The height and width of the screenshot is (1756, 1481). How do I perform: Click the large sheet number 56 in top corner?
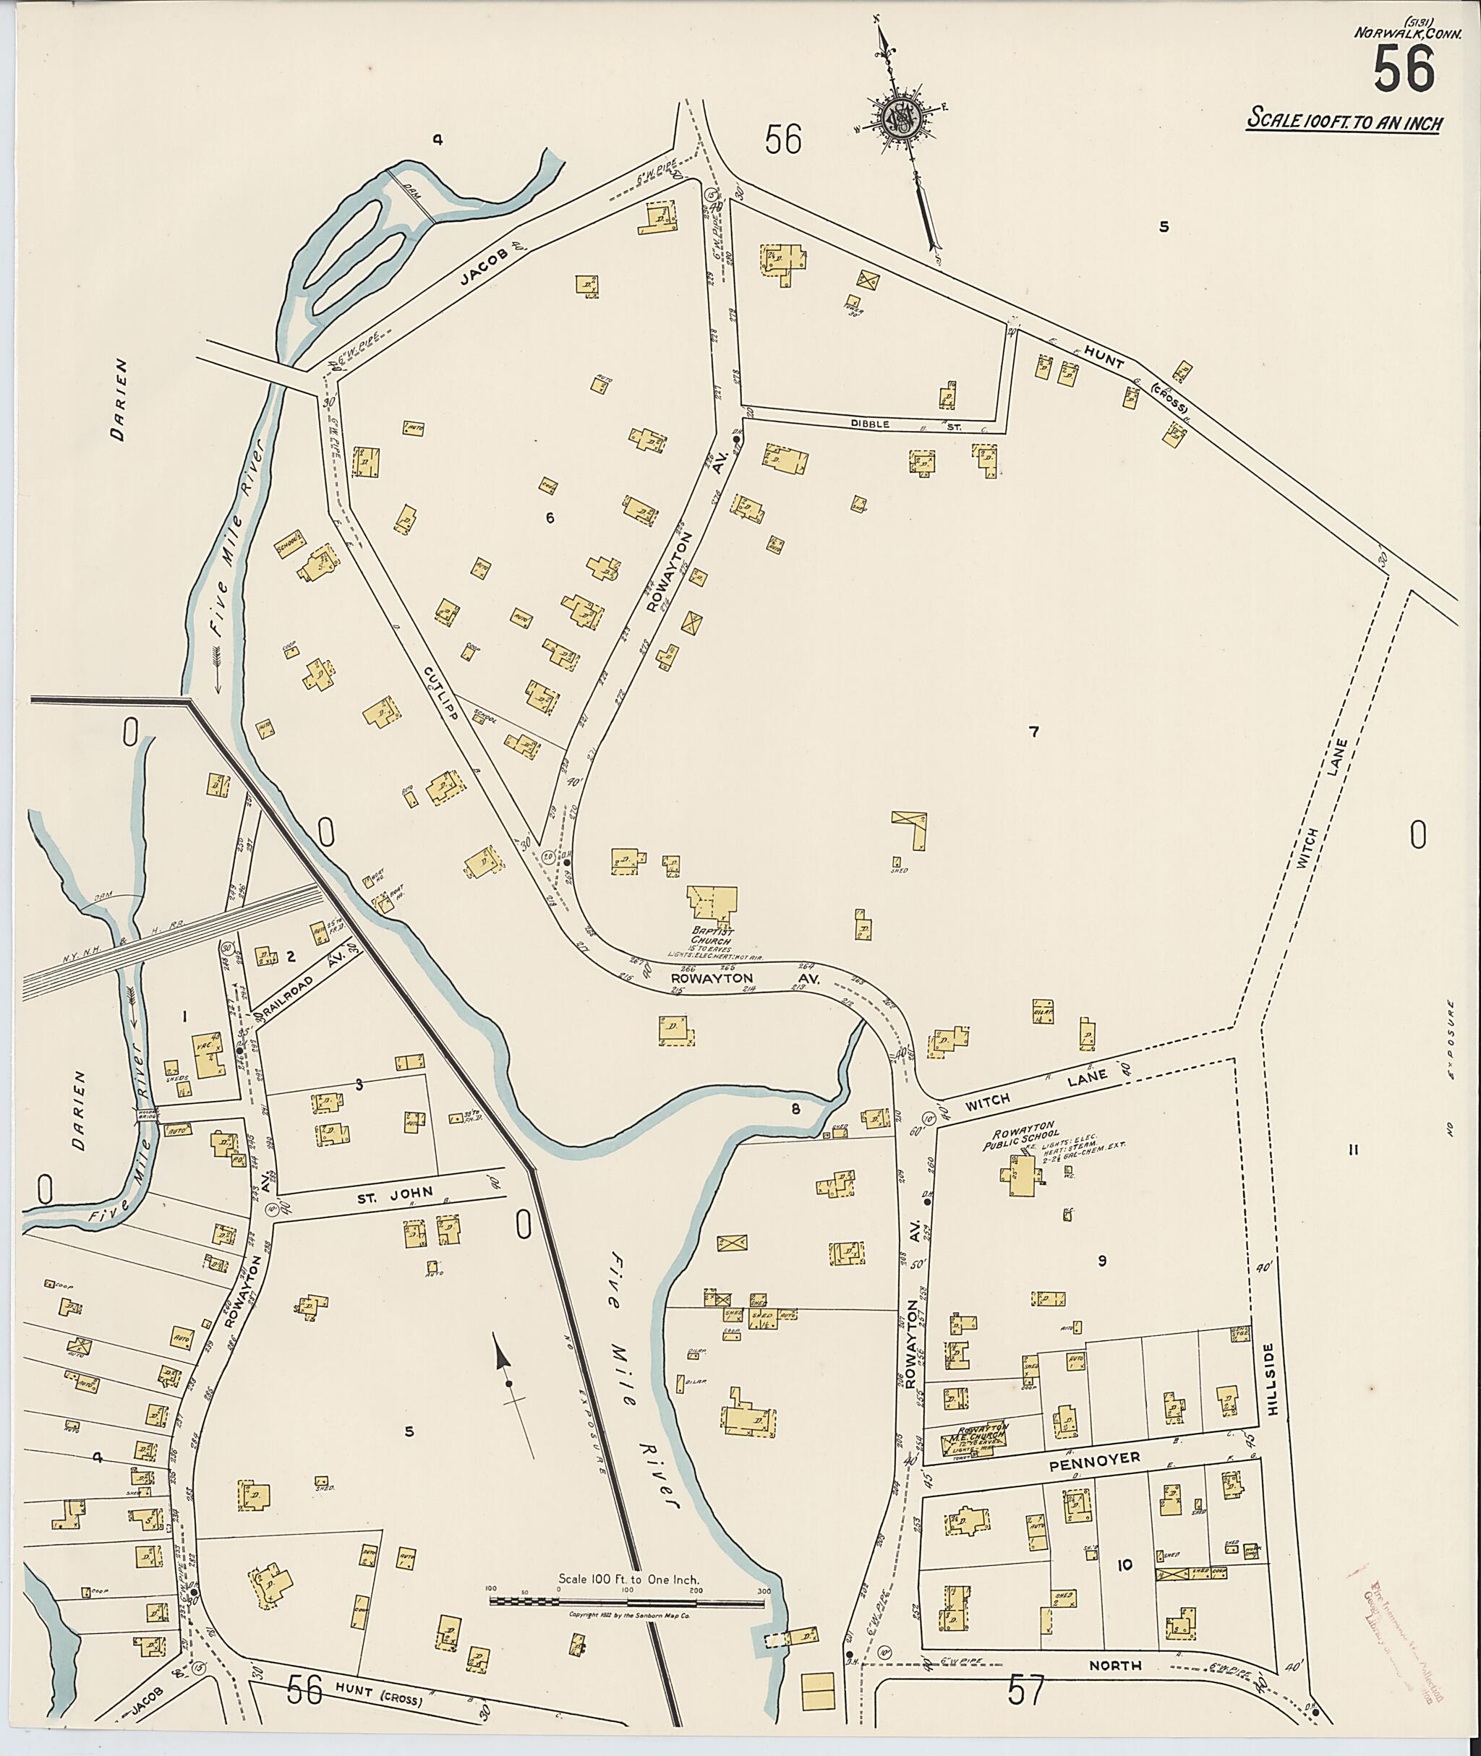point(1404,69)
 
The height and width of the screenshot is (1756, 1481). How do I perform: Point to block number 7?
point(1034,732)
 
